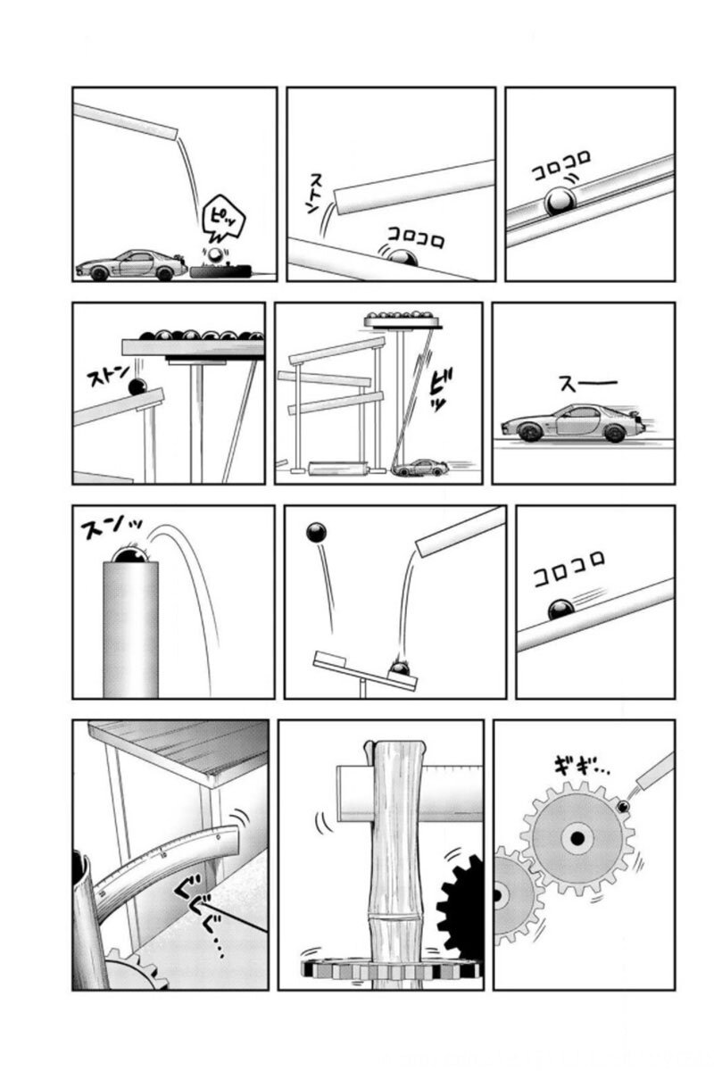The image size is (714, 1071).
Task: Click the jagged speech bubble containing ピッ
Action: pos(223,220)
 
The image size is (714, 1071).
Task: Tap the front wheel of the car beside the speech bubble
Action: pos(99,274)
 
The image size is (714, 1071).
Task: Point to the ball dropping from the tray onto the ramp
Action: pos(137,386)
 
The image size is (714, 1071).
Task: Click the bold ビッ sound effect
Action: pos(437,389)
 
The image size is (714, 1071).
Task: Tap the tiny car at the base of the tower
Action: pos(419,467)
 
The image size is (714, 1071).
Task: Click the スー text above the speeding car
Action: pos(588,384)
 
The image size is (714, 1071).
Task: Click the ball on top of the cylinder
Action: pos(129,554)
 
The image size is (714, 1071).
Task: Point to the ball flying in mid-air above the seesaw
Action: pos(316,532)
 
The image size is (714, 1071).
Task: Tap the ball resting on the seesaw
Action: pos(401,667)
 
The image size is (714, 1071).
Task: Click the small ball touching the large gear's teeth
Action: pos(623,807)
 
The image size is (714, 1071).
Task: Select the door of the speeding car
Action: pos(574,421)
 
